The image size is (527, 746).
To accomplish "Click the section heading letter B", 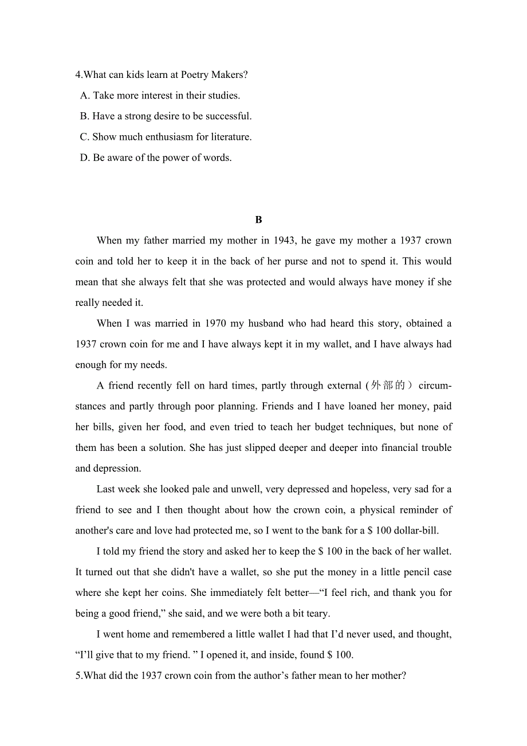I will click(x=258, y=220).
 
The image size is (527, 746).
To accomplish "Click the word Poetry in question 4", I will click(x=195, y=75).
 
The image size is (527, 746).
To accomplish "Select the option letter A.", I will click(x=85, y=96).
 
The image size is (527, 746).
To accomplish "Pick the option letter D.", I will click(x=85, y=158).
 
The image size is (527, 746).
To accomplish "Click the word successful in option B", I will click(x=229, y=116).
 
